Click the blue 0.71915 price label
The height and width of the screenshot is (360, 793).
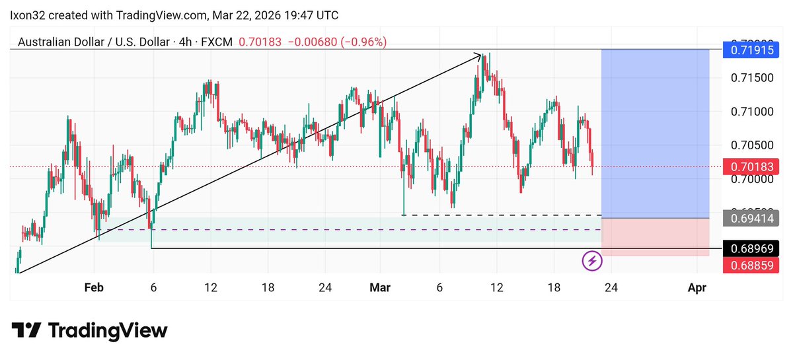(x=751, y=50)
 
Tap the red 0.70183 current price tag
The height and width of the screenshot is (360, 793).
(x=751, y=166)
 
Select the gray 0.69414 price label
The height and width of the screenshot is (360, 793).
(x=751, y=217)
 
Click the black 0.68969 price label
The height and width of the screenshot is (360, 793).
(x=751, y=248)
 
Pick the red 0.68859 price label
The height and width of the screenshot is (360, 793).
(x=751, y=265)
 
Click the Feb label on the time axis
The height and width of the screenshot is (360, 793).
(x=94, y=287)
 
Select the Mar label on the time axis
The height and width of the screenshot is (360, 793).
(x=380, y=287)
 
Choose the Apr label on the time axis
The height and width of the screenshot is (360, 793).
(x=698, y=287)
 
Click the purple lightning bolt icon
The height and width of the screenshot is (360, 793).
(x=592, y=261)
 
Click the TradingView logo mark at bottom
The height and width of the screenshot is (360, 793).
(x=27, y=330)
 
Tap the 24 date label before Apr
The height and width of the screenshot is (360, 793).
(x=611, y=287)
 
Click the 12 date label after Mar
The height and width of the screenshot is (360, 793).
(x=496, y=287)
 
